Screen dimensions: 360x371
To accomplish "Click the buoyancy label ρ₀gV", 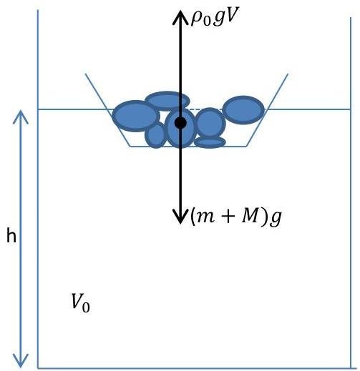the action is [215, 18].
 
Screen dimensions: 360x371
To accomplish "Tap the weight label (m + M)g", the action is [235, 217].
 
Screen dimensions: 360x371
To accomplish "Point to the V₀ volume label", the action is [81, 302].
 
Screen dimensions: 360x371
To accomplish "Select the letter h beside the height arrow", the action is [11, 235].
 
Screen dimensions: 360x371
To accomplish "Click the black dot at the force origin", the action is [180, 123].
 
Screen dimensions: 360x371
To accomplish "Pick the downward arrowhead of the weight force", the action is [180, 217].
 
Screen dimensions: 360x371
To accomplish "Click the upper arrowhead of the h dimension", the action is [21, 117].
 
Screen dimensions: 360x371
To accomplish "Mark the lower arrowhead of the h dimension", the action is [21, 360].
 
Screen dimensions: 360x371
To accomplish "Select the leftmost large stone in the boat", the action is [136, 116].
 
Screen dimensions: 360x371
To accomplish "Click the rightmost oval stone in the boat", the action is [243, 110].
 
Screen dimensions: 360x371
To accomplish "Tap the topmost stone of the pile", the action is [167, 101].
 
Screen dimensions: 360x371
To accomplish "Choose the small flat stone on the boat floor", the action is [210, 142].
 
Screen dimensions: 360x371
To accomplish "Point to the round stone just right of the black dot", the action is [210, 123].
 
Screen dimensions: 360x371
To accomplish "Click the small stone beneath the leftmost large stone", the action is [155, 135].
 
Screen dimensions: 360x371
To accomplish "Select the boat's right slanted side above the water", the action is [278, 91].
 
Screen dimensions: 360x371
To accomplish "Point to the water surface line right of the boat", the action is [308, 109].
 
